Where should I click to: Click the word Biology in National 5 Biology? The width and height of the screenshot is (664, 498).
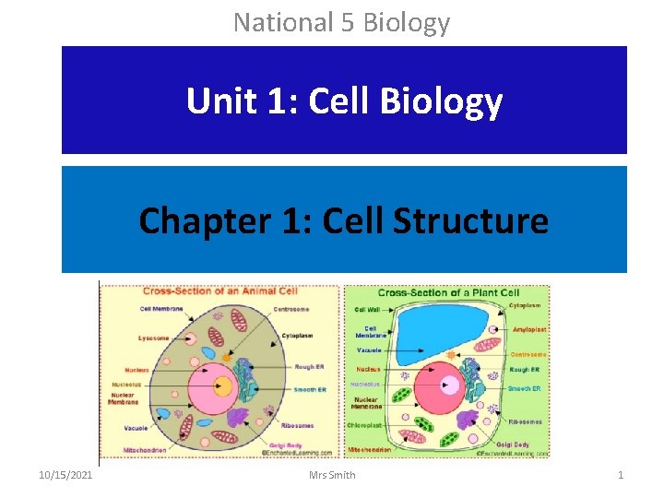click(x=408, y=21)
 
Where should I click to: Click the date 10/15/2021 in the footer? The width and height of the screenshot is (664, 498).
click(x=65, y=475)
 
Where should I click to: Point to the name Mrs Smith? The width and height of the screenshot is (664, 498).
click(x=332, y=475)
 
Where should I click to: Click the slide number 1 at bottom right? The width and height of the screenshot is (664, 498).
click(x=621, y=475)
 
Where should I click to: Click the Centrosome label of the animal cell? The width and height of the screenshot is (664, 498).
click(x=290, y=309)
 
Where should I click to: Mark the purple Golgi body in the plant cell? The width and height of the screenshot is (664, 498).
click(x=466, y=420)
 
